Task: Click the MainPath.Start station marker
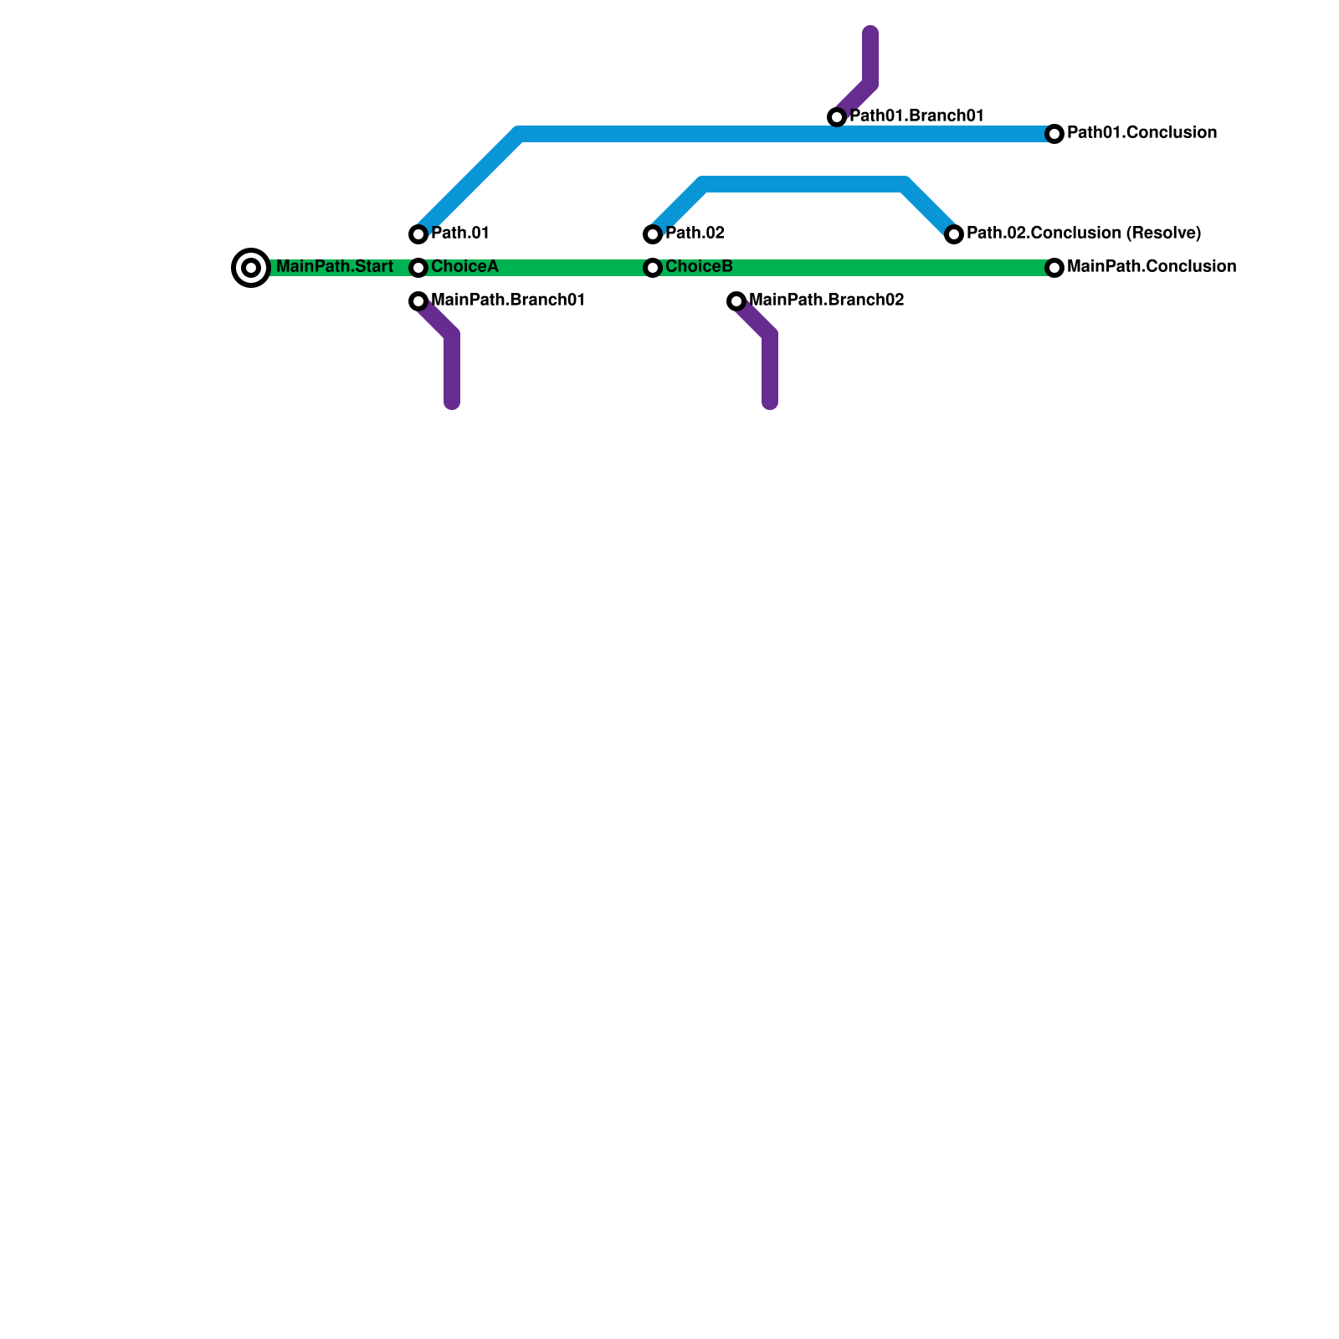point(251,268)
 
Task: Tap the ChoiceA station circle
point(418,268)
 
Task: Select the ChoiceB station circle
point(653,268)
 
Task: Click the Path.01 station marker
point(418,234)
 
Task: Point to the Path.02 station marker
point(653,234)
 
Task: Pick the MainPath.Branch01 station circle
point(418,301)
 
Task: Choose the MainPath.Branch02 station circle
point(736,301)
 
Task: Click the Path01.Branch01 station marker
point(837,117)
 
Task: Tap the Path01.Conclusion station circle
point(1054,134)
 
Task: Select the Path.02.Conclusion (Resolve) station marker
point(954,234)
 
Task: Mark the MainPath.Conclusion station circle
point(1054,268)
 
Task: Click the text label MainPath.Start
point(334,267)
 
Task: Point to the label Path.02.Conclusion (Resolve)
point(1084,233)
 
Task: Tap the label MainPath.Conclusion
point(1152,267)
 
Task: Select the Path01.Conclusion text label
point(1141,133)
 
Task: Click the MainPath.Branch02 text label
point(827,300)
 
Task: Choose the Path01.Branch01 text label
point(916,116)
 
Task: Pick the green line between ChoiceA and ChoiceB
point(536,268)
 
